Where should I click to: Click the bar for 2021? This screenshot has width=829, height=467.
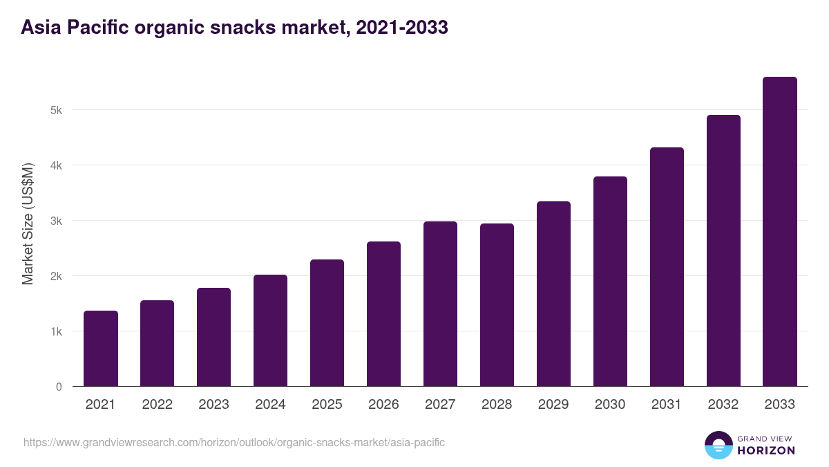(x=101, y=349)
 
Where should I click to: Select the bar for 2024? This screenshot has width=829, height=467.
(x=270, y=331)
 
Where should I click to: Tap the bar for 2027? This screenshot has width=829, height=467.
(x=440, y=304)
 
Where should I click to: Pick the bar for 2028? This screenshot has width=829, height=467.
(x=497, y=305)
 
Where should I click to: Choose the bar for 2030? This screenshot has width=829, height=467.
(x=610, y=282)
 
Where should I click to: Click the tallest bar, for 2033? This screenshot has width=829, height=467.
(x=780, y=232)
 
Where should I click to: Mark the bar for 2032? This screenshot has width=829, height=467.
(x=723, y=250)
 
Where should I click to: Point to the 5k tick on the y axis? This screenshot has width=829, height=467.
(x=56, y=110)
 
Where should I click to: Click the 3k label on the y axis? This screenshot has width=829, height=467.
(x=56, y=221)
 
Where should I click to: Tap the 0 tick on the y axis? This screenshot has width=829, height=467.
(x=59, y=387)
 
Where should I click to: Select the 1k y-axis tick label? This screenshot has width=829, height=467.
(x=56, y=331)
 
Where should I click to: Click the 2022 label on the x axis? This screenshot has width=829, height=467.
(x=157, y=405)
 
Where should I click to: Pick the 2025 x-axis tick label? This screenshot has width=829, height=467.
(x=327, y=405)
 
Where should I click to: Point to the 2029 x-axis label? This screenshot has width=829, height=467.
(x=553, y=405)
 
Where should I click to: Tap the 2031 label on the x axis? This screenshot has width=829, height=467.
(x=667, y=405)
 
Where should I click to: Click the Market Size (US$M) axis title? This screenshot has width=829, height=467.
(x=28, y=223)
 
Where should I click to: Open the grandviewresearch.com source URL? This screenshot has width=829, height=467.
(x=234, y=442)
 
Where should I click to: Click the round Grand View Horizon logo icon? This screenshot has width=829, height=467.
(x=718, y=446)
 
